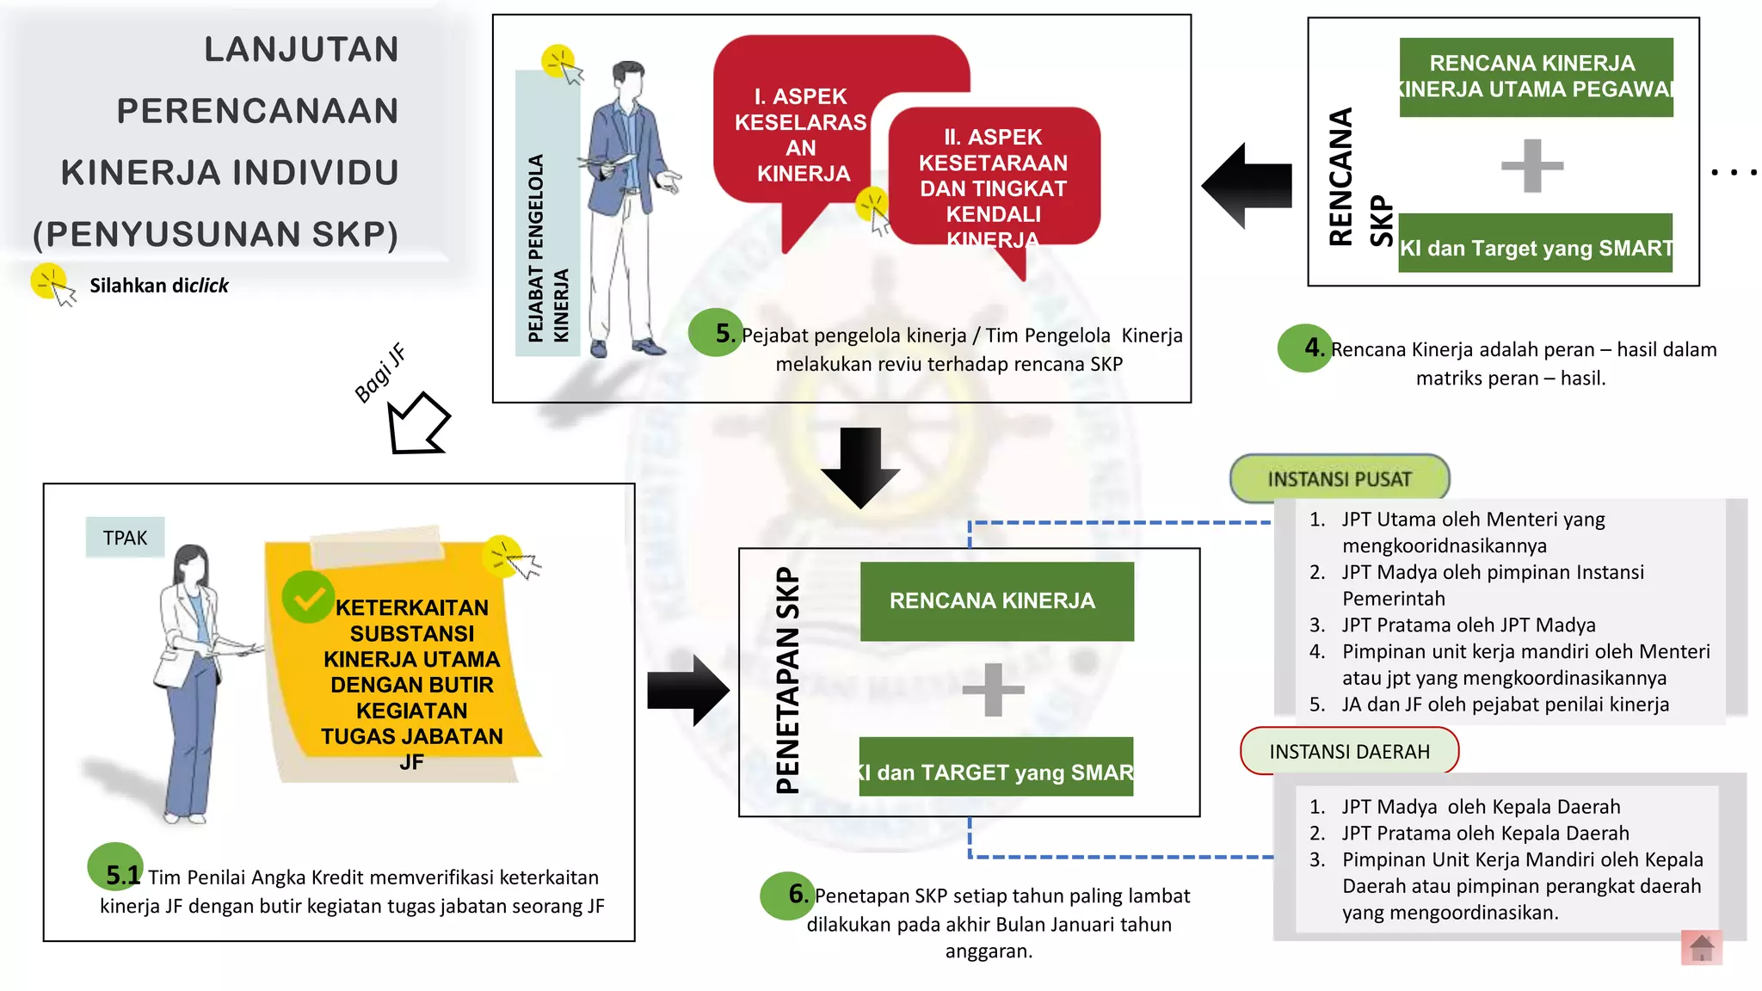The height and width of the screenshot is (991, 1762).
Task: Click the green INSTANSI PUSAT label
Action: click(1340, 478)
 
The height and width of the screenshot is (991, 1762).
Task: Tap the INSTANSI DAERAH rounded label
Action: click(1349, 751)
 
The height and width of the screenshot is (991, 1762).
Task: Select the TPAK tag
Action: click(125, 538)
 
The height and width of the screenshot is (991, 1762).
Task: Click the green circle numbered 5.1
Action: click(114, 867)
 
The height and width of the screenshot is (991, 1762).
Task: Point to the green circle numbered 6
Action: click(786, 896)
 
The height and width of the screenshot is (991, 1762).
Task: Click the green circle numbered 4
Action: click(1304, 348)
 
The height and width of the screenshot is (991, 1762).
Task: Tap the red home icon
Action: click(1701, 947)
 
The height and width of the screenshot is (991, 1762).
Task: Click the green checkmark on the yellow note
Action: click(308, 597)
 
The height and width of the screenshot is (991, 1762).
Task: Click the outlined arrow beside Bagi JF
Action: click(416, 424)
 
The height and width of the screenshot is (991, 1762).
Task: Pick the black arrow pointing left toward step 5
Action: click(1248, 186)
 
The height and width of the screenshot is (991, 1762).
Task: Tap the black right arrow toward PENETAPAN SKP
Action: click(688, 690)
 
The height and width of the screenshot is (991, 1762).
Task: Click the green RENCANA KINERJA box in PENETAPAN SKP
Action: click(996, 601)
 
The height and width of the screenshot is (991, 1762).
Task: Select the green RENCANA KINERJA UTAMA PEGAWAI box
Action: click(1536, 77)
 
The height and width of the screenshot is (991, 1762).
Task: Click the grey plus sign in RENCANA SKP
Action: click(1531, 165)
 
